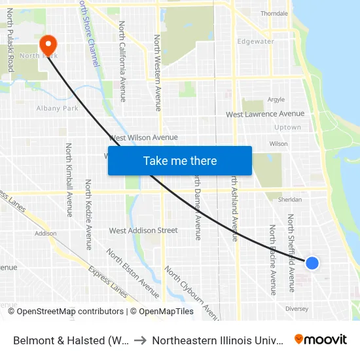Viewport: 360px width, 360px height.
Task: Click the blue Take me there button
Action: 180,160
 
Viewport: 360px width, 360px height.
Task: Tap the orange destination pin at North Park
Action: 48,45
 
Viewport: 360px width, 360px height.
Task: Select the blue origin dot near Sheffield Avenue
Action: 312,262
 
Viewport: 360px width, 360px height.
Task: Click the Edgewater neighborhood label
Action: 255,41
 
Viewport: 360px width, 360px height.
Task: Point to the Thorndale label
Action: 274,13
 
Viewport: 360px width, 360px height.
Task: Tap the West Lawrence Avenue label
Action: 265,114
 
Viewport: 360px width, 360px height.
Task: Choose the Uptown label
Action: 287,127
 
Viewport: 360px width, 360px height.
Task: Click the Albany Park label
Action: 58,108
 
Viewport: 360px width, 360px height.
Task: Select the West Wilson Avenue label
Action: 143,137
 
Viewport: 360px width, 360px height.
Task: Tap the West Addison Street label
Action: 143,230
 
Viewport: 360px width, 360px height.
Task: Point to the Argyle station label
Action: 276,99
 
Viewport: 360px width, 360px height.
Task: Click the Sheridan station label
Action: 290,200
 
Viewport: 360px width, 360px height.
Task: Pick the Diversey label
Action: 297,308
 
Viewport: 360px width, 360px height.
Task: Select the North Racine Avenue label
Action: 273,259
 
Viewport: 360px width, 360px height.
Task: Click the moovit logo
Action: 321,340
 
